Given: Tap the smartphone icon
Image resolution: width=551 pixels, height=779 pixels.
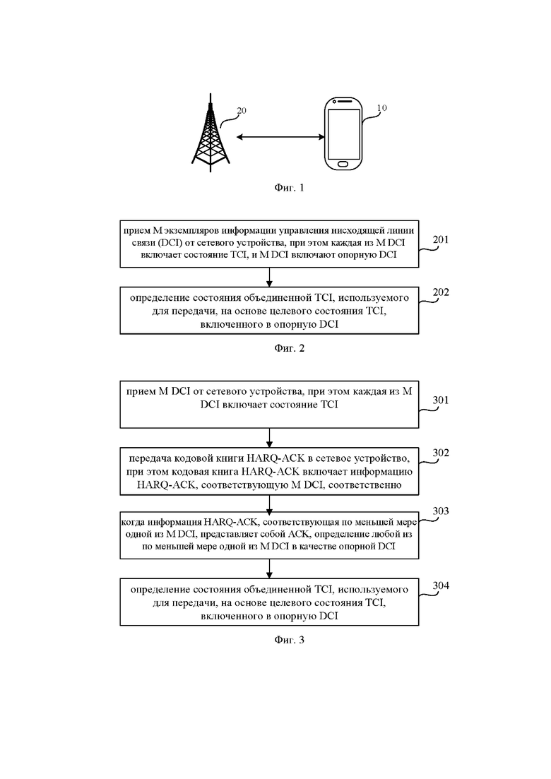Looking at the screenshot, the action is click(x=343, y=134).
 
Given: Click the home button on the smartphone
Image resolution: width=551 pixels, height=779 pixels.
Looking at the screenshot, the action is click(x=343, y=164).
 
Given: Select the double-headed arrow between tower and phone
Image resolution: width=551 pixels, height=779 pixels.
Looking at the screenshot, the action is click(x=280, y=136).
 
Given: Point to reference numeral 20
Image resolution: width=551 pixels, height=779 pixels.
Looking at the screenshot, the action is click(x=242, y=110).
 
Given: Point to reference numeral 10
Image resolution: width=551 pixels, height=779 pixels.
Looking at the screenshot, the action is click(x=381, y=107).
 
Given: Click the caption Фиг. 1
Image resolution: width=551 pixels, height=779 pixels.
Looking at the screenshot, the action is click(x=289, y=187).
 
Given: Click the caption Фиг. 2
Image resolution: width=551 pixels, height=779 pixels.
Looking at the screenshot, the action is click(x=289, y=347).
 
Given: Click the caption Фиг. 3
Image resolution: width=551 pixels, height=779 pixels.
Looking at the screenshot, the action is click(x=289, y=639).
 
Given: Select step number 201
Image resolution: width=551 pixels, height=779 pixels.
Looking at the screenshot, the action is click(x=441, y=239).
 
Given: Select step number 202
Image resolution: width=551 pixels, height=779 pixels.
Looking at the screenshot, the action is click(x=441, y=292).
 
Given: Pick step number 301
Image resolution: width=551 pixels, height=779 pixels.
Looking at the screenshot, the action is click(x=441, y=400).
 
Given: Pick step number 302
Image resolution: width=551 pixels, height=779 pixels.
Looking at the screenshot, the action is click(x=441, y=452).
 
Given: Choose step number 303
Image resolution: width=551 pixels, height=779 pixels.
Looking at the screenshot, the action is click(x=441, y=511).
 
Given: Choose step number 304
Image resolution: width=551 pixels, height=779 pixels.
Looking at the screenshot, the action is click(x=441, y=585).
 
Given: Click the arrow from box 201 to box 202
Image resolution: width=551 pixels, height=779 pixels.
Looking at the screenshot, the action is click(x=269, y=278).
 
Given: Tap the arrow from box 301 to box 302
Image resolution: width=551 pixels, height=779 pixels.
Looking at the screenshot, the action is click(x=269, y=438).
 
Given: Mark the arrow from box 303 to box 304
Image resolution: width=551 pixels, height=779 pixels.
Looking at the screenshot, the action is click(x=269, y=569).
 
